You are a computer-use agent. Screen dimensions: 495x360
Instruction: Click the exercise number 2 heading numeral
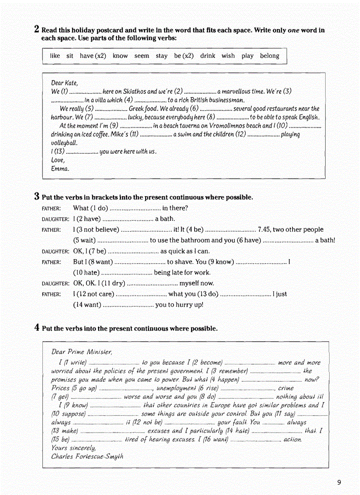37,30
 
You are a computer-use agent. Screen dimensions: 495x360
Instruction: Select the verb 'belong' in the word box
270,56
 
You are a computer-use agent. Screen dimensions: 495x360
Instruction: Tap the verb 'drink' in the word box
208,56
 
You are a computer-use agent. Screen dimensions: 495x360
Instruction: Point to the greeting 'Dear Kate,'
64,83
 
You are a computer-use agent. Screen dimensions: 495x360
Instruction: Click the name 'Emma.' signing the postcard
60,168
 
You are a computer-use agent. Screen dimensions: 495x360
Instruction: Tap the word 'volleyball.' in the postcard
64,143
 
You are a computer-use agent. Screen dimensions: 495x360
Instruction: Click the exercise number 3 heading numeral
37,197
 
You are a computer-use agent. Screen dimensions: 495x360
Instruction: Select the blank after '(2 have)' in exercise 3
127,219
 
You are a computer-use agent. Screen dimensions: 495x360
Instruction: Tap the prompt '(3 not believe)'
96,230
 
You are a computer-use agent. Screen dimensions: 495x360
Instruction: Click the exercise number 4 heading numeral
37,328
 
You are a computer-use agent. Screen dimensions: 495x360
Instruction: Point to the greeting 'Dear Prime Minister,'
82,352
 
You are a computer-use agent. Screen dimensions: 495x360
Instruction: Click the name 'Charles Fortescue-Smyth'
87,456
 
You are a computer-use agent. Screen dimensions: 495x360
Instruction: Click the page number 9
339,483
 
